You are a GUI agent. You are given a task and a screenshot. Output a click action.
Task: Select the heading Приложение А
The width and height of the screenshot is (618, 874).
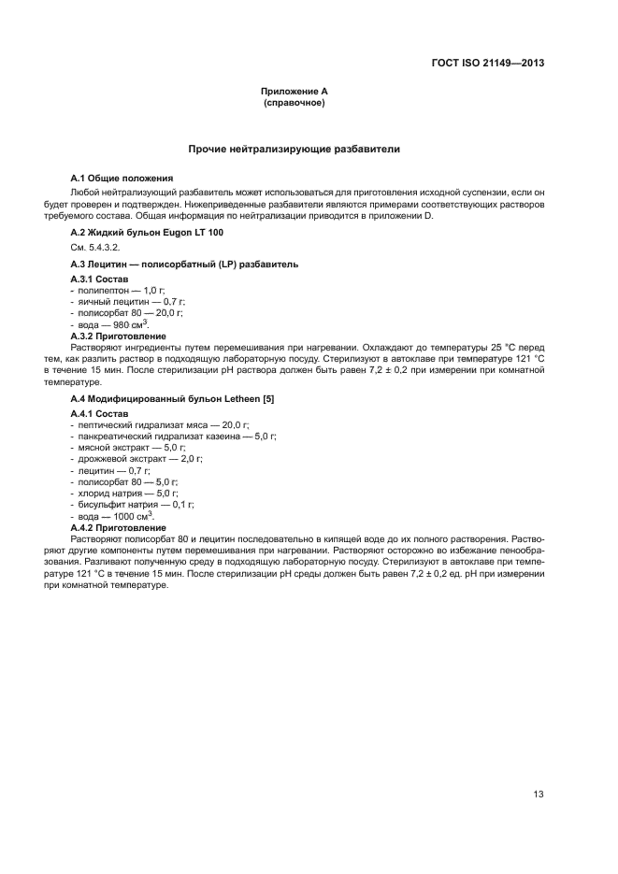[x=294, y=92]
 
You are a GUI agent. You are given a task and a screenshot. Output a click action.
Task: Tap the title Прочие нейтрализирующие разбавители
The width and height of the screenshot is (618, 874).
[x=294, y=149]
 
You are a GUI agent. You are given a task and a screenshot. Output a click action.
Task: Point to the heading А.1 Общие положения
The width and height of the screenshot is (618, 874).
[x=122, y=178]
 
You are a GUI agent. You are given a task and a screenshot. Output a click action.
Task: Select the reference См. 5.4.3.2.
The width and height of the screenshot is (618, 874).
[x=97, y=249]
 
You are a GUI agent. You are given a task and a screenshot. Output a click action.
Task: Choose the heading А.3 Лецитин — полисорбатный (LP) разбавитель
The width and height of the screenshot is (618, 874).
[x=184, y=265]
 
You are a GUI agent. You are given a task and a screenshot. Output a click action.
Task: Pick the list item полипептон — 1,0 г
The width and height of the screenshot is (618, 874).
[x=122, y=291]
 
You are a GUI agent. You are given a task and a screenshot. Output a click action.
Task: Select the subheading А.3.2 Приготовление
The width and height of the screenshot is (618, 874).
[x=119, y=336]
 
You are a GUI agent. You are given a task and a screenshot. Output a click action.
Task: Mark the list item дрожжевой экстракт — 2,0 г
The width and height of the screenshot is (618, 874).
[x=140, y=459]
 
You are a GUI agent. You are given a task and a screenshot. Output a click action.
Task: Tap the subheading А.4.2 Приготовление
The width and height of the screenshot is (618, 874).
[x=119, y=527]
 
